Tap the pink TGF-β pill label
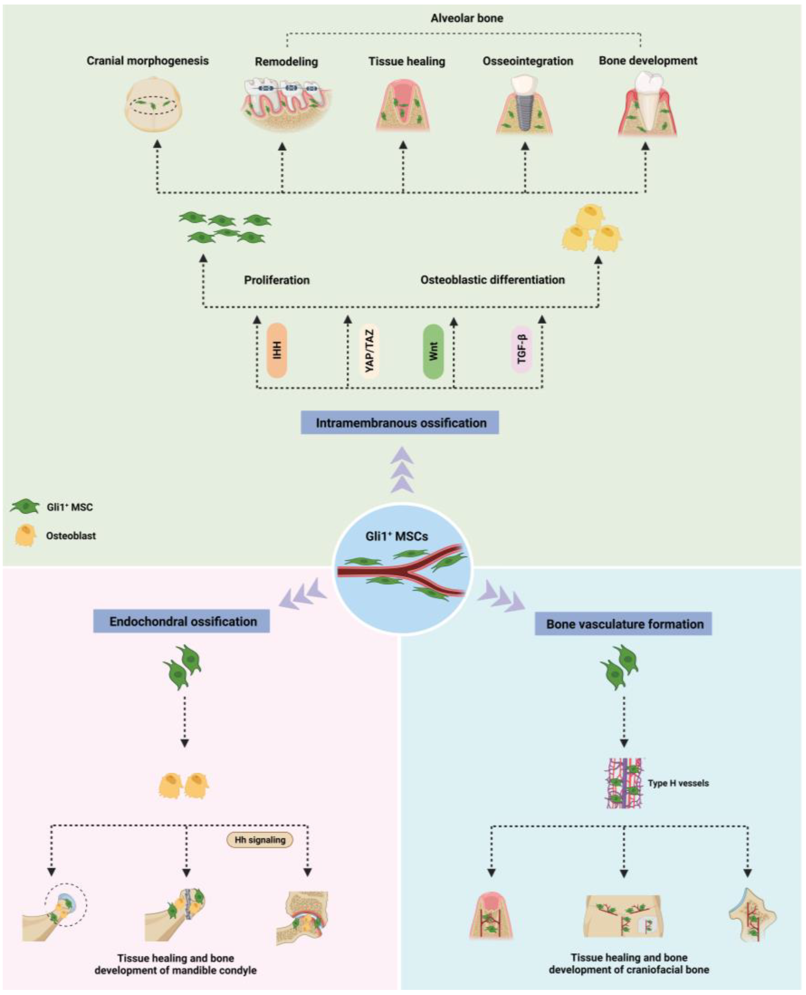click(x=521, y=349)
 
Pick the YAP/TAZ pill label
click(x=370, y=351)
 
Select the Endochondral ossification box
click(x=182, y=621)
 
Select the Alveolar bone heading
click(x=467, y=18)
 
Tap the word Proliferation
click(x=277, y=280)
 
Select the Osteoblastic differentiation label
click(x=492, y=279)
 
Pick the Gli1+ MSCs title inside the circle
click(x=396, y=536)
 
